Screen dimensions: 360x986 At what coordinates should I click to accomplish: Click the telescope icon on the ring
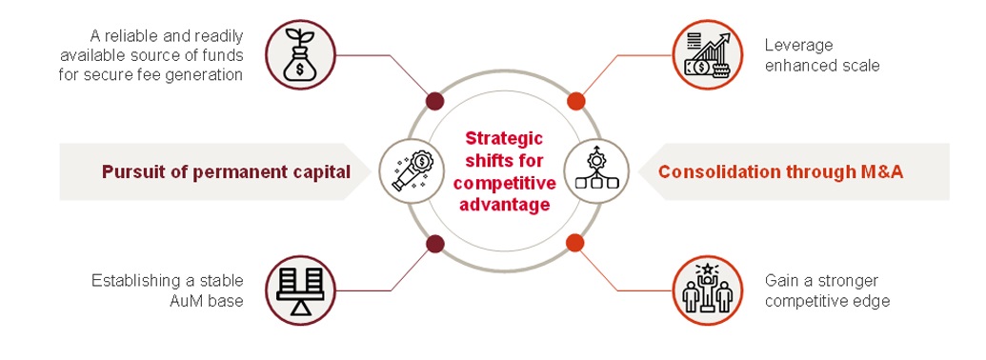(x=406, y=170)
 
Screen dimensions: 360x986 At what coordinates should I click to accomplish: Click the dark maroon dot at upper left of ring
(x=434, y=100)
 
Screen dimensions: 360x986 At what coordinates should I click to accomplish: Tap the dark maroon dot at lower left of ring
(x=434, y=243)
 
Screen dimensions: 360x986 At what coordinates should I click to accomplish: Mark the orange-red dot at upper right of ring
(x=574, y=101)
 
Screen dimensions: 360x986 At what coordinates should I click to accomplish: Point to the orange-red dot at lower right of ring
(x=574, y=243)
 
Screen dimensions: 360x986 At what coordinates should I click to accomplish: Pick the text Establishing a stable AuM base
(x=167, y=290)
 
